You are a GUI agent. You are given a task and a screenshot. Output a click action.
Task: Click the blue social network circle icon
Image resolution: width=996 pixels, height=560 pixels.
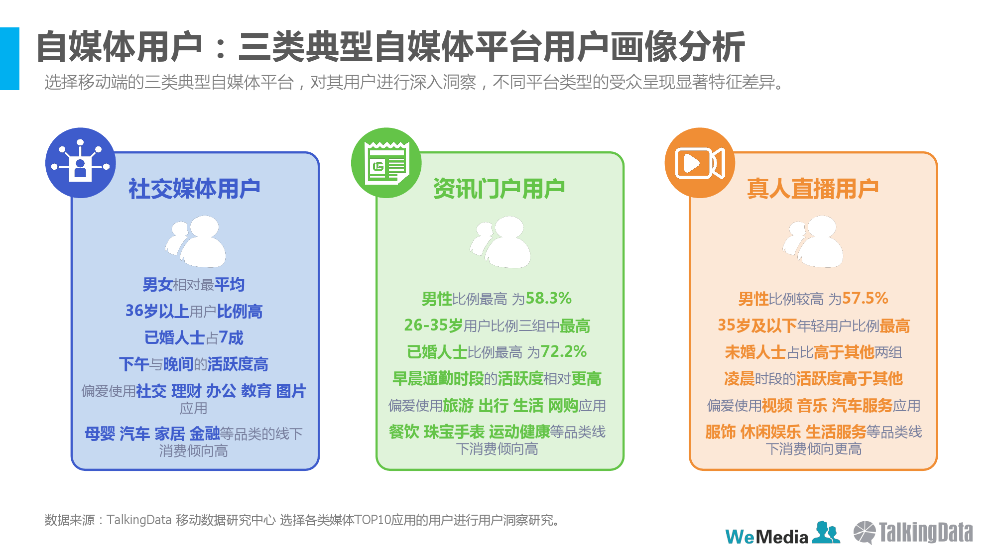click(x=81, y=163)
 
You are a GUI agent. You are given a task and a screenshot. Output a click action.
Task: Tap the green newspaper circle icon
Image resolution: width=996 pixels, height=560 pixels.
click(x=386, y=163)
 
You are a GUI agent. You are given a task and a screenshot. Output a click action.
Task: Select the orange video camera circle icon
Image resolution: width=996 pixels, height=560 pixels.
click(x=700, y=163)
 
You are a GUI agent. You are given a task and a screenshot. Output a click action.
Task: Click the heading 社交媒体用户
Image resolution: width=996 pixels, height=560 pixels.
click(x=194, y=189)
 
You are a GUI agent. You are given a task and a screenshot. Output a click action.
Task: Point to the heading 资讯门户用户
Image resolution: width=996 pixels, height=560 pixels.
click(x=499, y=189)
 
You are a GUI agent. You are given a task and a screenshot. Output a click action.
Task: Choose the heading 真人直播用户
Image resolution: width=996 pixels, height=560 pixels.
click(x=813, y=189)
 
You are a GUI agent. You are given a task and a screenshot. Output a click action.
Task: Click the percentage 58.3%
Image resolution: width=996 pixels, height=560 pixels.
click(x=549, y=298)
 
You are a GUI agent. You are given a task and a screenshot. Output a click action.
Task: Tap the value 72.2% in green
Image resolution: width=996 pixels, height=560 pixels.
click(x=564, y=351)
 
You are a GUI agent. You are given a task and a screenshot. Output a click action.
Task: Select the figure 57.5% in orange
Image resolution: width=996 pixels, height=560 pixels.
click(x=865, y=298)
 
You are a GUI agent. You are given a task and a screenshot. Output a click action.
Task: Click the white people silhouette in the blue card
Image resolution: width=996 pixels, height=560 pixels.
click(x=196, y=242)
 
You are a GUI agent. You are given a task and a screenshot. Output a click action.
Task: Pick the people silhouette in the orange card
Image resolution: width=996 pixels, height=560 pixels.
click(x=813, y=242)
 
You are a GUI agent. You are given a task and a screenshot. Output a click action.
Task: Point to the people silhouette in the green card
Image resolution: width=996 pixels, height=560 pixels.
click(x=500, y=242)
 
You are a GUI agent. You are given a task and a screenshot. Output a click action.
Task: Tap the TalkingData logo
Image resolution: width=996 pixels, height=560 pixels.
click(x=913, y=533)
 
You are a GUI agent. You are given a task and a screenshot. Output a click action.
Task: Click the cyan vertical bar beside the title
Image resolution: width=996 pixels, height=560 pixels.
click(x=9, y=59)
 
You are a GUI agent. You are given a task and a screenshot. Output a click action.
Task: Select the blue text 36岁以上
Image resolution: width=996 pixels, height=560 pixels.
click(x=157, y=311)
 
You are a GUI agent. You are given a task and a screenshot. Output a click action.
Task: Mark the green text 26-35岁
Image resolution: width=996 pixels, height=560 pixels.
click(x=433, y=326)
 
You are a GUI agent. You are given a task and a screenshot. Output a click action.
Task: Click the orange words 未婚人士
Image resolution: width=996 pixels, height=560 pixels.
click(x=755, y=352)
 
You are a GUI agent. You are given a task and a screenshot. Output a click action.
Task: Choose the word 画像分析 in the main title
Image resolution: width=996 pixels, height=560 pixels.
click(x=677, y=47)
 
